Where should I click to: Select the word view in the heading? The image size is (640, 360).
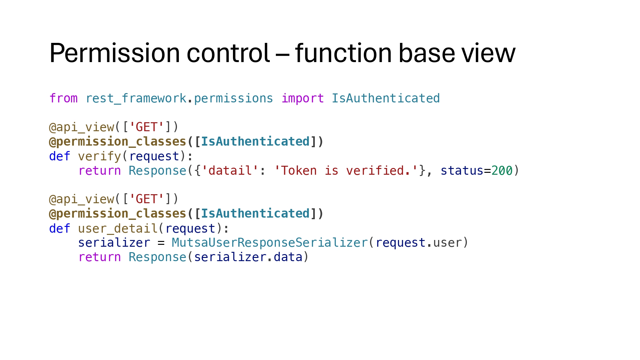pyautogui.click(x=488, y=53)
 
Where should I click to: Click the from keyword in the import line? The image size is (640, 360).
pyautogui.click(x=63, y=99)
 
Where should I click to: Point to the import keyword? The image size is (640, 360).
pyautogui.click(x=302, y=99)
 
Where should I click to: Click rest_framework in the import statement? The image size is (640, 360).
pyautogui.click(x=136, y=99)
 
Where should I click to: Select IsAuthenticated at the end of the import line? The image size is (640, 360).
pyautogui.click(x=386, y=99)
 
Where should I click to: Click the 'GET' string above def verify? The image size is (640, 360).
pyautogui.click(x=147, y=127)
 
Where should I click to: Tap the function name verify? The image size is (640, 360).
pyautogui.click(x=100, y=156)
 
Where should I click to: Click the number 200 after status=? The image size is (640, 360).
pyautogui.click(x=502, y=171)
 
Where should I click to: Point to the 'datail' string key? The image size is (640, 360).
pyautogui.click(x=230, y=171)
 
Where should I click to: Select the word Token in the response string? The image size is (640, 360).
pyautogui.click(x=299, y=171)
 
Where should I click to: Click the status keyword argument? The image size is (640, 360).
pyautogui.click(x=462, y=171)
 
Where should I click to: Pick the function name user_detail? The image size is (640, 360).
pyautogui.click(x=118, y=229)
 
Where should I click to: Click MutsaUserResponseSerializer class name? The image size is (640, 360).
pyautogui.click(x=269, y=243)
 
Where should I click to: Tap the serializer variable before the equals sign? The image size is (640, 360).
pyautogui.click(x=114, y=243)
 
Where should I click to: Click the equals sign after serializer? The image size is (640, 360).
pyautogui.click(x=161, y=243)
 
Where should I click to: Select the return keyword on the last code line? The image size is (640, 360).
pyautogui.click(x=100, y=257)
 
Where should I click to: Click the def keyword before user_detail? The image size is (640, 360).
pyautogui.click(x=60, y=229)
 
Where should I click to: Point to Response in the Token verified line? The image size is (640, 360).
pyautogui.click(x=157, y=171)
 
